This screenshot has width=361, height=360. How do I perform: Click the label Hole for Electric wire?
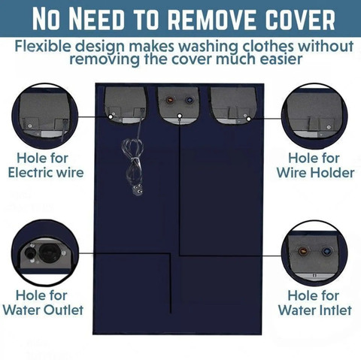[46, 165]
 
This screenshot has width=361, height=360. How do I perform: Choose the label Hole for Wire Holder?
[315, 165]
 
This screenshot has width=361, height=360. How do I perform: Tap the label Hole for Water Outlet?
[43, 303]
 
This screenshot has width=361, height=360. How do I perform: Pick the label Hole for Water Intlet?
[314, 303]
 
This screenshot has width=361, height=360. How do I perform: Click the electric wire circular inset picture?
[45, 116]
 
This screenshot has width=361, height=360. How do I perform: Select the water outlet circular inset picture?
[45, 253]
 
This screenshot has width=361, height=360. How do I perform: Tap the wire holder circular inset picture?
[314, 116]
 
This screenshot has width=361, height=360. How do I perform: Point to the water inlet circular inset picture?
[314, 253]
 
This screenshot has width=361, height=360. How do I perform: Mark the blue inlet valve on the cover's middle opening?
[190, 100]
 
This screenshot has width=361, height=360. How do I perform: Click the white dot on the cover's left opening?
[111, 116]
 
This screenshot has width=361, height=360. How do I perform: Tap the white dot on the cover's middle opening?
[180, 116]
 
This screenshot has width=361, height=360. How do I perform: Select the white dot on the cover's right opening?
[248, 119]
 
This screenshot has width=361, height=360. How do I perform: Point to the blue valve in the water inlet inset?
[326, 251]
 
